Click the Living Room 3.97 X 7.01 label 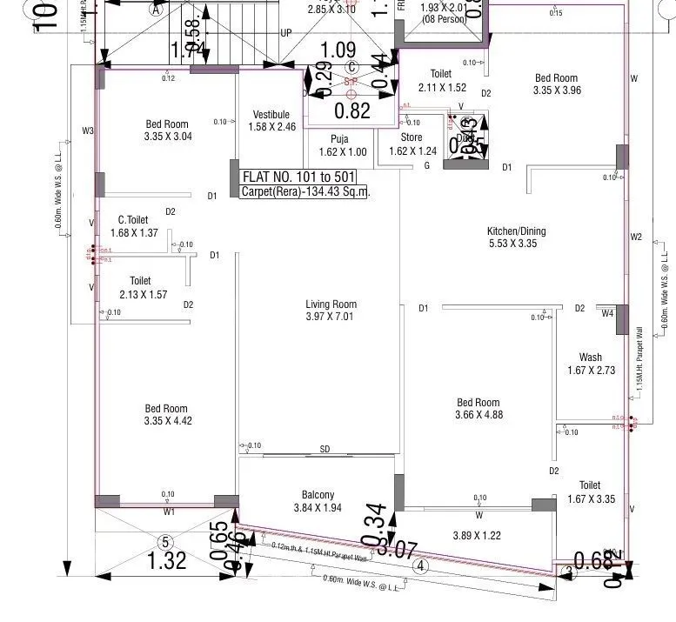[x=331, y=311]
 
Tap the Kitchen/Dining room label [x=517, y=237]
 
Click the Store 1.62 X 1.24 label [x=412, y=144]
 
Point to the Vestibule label [x=271, y=120]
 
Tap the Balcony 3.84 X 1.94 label [x=318, y=501]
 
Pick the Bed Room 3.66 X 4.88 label [x=479, y=409]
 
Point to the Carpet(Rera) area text [x=305, y=191]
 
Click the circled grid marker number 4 [x=421, y=566]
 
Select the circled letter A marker [x=157, y=10]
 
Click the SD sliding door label [x=325, y=450]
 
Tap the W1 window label [x=169, y=512]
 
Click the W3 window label [x=87, y=131]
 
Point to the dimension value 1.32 [x=167, y=560]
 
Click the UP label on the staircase [x=286, y=33]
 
